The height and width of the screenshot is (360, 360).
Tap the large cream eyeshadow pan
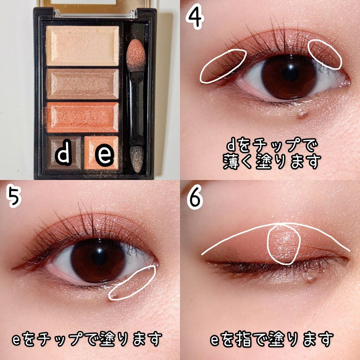pyautogui.click(x=82, y=46)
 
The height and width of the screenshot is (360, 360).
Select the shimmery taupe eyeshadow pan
pyautogui.click(x=82, y=84)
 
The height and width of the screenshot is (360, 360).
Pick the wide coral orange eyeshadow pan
pyautogui.click(x=82, y=117)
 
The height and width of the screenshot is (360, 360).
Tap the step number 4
pyautogui.click(x=195, y=18)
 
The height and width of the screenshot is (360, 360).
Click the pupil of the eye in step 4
pyautogui.click(x=290, y=73)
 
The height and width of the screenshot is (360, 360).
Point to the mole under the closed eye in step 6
pyautogui.click(x=310, y=279)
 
